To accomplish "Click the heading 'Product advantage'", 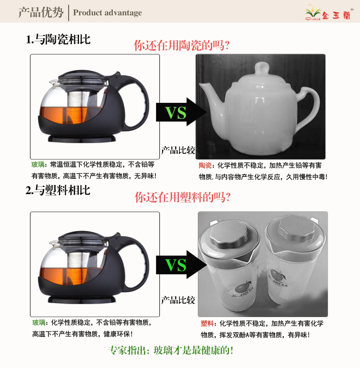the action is pyautogui.click(x=108, y=12).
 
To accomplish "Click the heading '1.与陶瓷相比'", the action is pyautogui.click(x=58, y=39).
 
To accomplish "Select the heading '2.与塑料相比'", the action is pyautogui.click(x=58, y=190).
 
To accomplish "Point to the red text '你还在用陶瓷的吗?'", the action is pyautogui.click(x=181, y=45).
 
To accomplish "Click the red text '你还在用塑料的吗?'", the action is pyautogui.click(x=182, y=197).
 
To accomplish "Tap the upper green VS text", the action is pyautogui.click(x=176, y=113).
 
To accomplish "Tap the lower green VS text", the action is pyautogui.click(x=176, y=265).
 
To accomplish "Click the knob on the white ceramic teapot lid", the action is pyautogui.click(x=262, y=69).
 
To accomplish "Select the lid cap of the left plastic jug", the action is pyautogui.click(x=228, y=234).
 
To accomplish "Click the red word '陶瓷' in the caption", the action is pyautogui.click(x=205, y=165).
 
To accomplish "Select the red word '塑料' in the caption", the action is pyautogui.click(x=207, y=323).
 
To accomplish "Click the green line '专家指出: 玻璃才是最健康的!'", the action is pyautogui.click(x=171, y=350).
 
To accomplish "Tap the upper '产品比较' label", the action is pyautogui.click(x=178, y=150).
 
